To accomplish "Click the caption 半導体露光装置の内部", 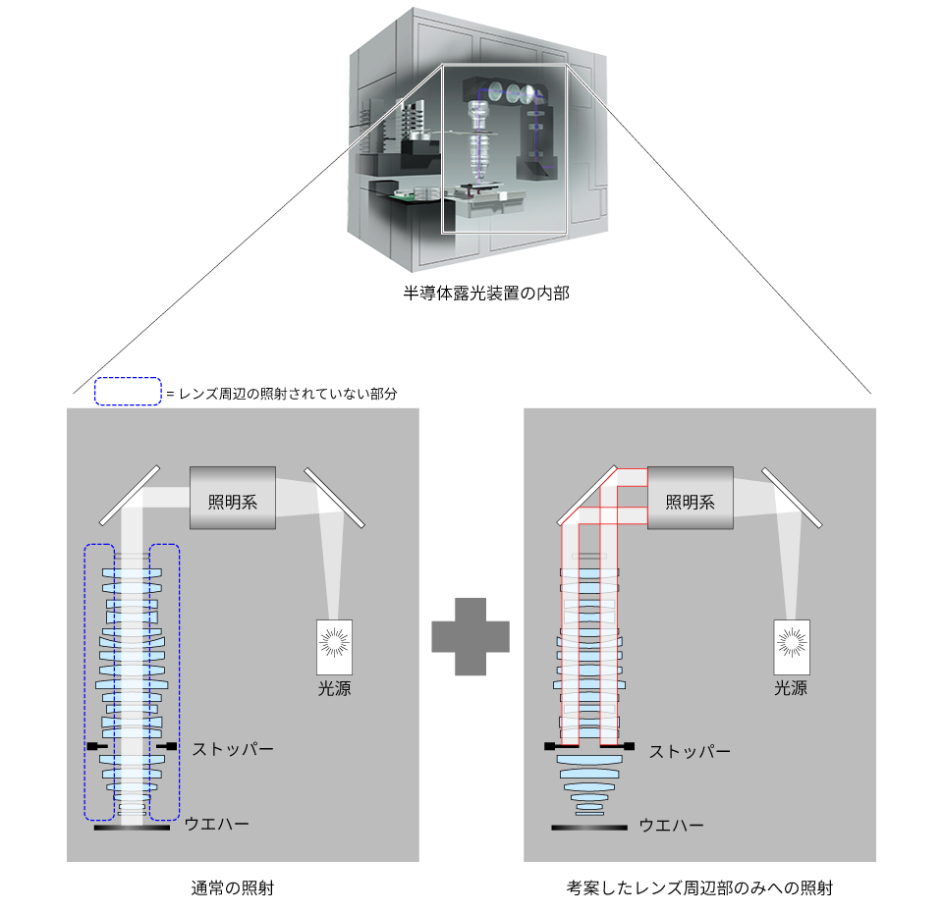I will click(x=472, y=294).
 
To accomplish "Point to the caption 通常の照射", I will click(x=232, y=888).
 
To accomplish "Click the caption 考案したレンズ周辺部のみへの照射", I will click(x=700, y=888).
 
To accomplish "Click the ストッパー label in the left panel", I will click(x=233, y=749).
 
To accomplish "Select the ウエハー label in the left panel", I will click(x=217, y=823).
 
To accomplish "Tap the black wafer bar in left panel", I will click(x=132, y=828).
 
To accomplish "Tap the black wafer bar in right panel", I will click(x=589, y=828).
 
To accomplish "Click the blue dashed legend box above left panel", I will click(x=128, y=392).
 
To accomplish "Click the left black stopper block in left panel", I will click(x=96, y=747).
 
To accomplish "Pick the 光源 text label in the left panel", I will click(x=333, y=688).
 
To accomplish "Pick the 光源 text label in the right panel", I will click(x=791, y=688).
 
